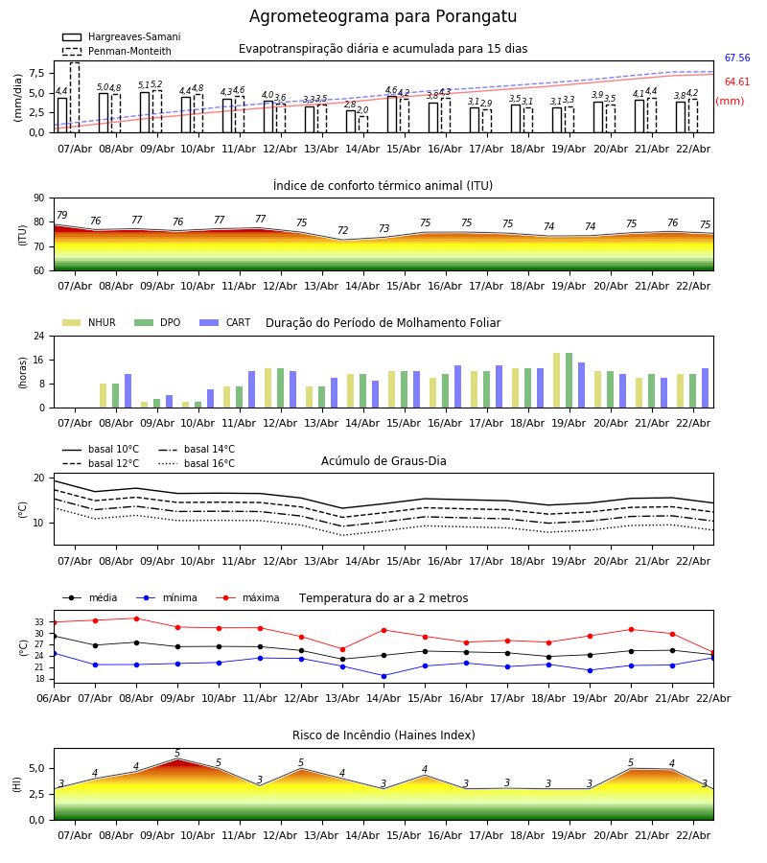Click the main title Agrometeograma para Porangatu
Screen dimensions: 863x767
(383, 17)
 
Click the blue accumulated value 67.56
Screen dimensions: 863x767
(736, 58)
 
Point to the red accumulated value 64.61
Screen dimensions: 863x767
(736, 82)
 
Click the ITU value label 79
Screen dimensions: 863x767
(61, 216)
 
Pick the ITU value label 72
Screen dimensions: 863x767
(342, 231)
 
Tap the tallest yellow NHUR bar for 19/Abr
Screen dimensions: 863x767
(557, 381)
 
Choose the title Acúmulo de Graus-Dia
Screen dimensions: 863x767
(383, 461)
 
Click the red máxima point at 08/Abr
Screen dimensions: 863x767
(136, 618)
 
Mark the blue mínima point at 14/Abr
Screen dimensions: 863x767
(383, 676)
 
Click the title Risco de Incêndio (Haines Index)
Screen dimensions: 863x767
(383, 735)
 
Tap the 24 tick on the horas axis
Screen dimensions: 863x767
(41, 337)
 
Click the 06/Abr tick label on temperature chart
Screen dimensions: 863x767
(54, 697)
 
